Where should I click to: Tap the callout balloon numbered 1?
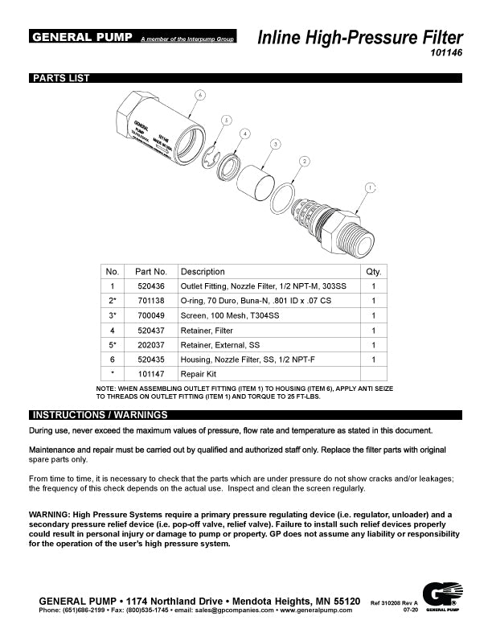click(x=371, y=187)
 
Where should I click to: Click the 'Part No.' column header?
click(x=151, y=271)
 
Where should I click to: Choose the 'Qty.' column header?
click(x=373, y=271)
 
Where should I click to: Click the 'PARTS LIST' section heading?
click(x=61, y=78)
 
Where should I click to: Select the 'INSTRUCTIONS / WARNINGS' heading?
click(x=99, y=415)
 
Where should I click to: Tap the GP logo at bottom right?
click(x=441, y=598)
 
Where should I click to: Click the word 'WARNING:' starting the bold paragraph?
click(x=52, y=514)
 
